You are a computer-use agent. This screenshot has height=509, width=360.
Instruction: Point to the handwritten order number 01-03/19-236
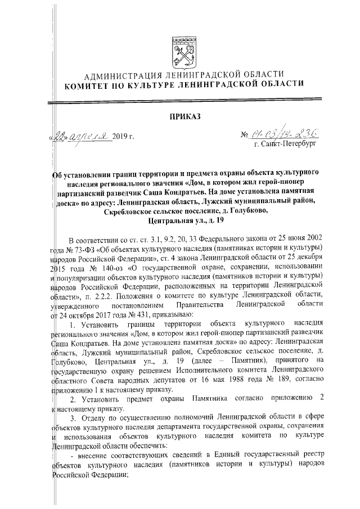pos(281,134)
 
